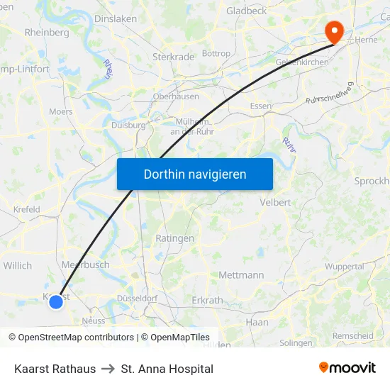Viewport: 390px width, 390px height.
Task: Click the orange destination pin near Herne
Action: pyautogui.click(x=333, y=30)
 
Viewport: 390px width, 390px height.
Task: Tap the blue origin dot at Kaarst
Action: pyautogui.click(x=56, y=301)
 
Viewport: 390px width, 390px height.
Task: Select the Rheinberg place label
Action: pyautogui.click(x=47, y=33)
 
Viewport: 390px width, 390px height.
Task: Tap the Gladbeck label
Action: pyautogui.click(x=247, y=11)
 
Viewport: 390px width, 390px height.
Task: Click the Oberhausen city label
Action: pyautogui.click(x=176, y=96)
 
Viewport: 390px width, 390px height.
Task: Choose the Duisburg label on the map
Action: pyautogui.click(x=128, y=125)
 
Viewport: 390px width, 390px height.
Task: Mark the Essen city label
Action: pyautogui.click(x=261, y=106)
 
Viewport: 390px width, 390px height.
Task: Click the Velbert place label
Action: pyautogui.click(x=276, y=202)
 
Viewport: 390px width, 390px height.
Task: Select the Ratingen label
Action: pyautogui.click(x=174, y=238)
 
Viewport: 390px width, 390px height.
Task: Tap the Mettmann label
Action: pyautogui.click(x=241, y=275)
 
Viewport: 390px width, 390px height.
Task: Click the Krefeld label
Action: pyautogui.click(x=26, y=210)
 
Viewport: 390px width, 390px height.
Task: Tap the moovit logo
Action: pyautogui.click(x=347, y=367)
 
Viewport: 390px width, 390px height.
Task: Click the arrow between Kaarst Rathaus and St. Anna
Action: pyautogui.click(x=108, y=369)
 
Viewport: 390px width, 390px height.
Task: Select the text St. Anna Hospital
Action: pyautogui.click(x=167, y=369)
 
